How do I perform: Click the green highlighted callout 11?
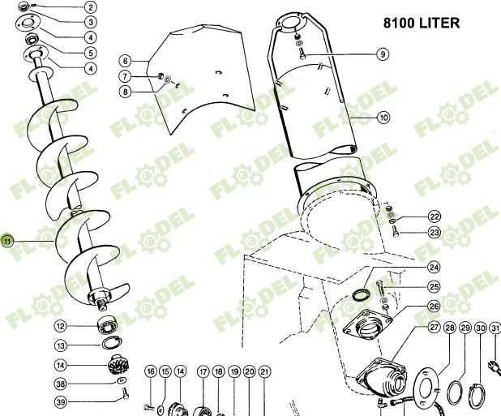(x=7, y=241)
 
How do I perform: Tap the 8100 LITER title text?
(x=422, y=23)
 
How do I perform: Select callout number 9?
(x=383, y=54)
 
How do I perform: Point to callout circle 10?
(x=383, y=118)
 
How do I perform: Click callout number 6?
(x=125, y=61)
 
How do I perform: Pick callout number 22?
(x=435, y=217)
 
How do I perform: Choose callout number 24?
(x=434, y=267)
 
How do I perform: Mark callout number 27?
(x=434, y=328)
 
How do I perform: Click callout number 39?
(x=60, y=402)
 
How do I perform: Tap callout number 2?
(x=91, y=7)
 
